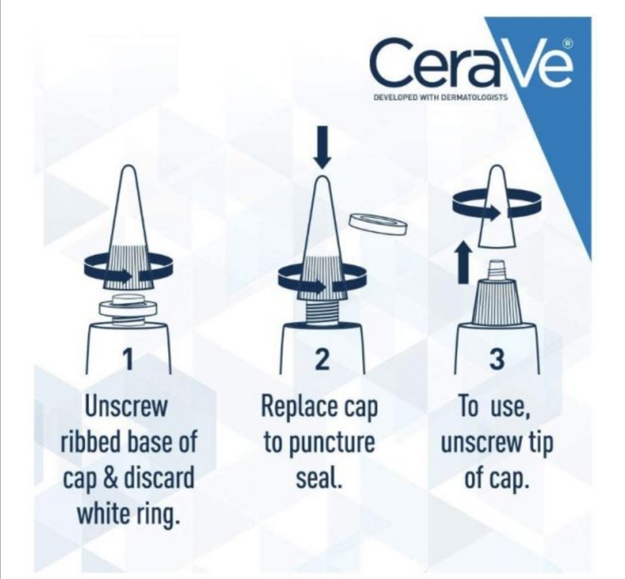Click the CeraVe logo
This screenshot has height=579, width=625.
click(x=472, y=64)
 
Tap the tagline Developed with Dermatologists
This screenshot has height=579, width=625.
click(x=440, y=97)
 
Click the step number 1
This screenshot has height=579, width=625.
click(x=127, y=359)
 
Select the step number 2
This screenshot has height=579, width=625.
click(x=322, y=359)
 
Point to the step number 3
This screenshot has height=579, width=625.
click(x=497, y=359)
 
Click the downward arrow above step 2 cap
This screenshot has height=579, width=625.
click(x=322, y=147)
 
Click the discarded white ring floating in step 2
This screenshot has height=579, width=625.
click(x=377, y=224)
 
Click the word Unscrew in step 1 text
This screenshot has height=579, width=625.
click(x=126, y=407)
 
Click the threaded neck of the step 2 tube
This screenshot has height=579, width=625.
click(x=322, y=311)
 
